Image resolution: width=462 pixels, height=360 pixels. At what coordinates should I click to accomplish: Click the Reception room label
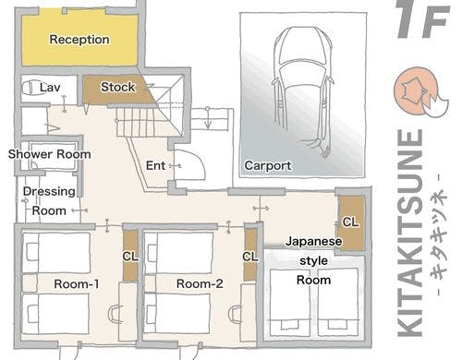click(x=79, y=40)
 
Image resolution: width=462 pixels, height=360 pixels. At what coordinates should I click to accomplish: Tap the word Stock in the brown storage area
click(x=118, y=87)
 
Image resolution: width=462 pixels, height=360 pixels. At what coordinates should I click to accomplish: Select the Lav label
click(x=50, y=88)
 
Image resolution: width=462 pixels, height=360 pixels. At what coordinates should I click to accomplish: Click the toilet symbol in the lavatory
click(x=29, y=88)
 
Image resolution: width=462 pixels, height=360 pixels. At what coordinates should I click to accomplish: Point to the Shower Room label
click(x=49, y=154)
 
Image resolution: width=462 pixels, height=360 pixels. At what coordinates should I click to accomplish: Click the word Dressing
click(x=49, y=191)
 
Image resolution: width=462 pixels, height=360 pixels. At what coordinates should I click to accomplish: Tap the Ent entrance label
click(x=155, y=165)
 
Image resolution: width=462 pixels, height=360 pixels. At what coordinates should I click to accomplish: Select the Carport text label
click(x=268, y=165)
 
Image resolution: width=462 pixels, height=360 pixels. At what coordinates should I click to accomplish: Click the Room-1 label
click(x=77, y=283)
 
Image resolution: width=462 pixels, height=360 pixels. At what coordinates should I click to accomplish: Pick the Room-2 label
click(x=200, y=283)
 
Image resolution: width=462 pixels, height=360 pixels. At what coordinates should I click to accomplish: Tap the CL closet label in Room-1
click(x=130, y=257)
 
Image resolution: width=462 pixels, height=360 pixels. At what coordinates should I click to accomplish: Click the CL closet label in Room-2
click(x=250, y=257)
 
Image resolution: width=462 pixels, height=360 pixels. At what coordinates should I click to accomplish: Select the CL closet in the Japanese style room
click(x=350, y=222)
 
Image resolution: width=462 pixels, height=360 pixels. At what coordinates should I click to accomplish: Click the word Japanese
click(x=313, y=241)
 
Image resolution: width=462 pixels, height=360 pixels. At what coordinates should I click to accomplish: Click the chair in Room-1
click(x=115, y=314)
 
